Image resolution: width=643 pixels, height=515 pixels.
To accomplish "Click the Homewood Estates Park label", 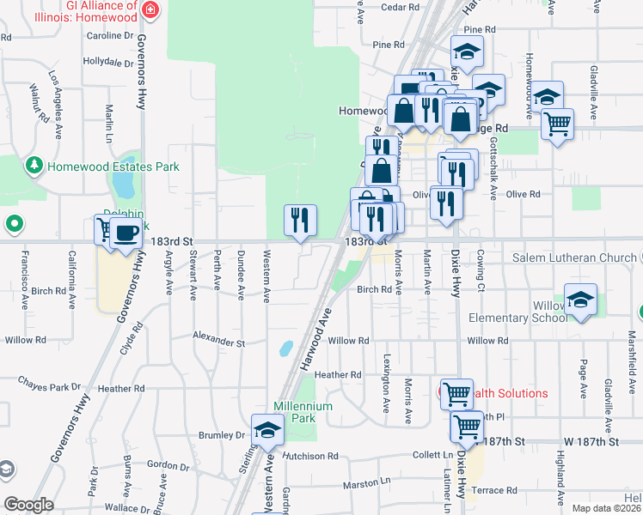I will click(113, 166).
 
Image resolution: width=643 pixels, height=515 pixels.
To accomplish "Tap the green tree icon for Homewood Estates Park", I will click(35, 165).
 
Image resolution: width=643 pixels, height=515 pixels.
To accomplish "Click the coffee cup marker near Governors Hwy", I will click(126, 233).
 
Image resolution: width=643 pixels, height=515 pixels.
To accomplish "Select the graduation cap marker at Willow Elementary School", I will click(581, 300).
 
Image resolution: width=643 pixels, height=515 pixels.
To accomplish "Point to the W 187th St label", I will click(591, 441).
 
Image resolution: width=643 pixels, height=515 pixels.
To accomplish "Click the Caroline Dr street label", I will click(109, 36).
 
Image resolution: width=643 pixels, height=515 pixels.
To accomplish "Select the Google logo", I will click(28, 504).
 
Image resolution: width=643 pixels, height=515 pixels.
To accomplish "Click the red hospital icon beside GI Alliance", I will click(151, 11).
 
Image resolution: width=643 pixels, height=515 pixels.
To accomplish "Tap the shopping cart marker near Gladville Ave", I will click(558, 124).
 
